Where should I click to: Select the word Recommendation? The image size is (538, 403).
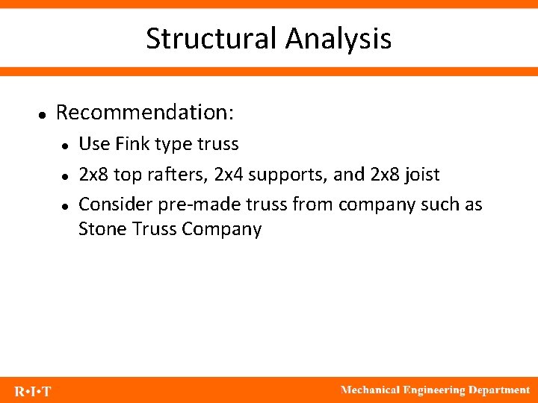(145, 113)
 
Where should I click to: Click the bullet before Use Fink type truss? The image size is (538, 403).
(66, 145)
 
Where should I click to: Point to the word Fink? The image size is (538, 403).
(132, 143)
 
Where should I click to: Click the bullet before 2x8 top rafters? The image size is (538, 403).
(66, 176)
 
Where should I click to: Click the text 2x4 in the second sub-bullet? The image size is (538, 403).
(229, 175)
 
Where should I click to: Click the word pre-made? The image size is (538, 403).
(182, 205)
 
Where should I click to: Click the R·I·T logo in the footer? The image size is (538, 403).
(33, 391)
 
